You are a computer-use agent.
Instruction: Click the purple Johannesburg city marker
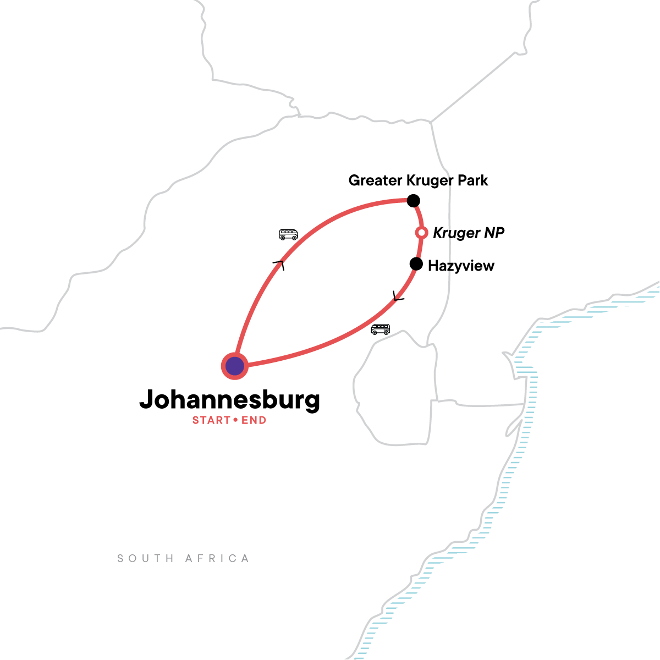(235, 366)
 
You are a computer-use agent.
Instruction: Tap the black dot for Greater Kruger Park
(413, 201)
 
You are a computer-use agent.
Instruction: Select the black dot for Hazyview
(416, 265)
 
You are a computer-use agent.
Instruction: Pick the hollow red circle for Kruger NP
(421, 233)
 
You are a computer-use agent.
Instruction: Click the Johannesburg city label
(229, 400)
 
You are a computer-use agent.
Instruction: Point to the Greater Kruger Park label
(418, 180)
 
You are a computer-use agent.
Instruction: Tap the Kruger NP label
(468, 233)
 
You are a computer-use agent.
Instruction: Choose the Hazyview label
(461, 266)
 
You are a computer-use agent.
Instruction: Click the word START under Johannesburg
(211, 421)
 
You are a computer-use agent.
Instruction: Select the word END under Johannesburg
(254, 421)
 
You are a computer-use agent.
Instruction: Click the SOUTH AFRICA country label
(183, 559)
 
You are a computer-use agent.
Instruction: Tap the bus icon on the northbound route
(288, 235)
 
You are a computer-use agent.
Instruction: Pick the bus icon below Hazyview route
(380, 329)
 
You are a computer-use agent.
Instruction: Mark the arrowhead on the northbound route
(279, 265)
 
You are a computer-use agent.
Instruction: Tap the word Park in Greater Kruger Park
(474, 180)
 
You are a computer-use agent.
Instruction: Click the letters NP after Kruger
(494, 233)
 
